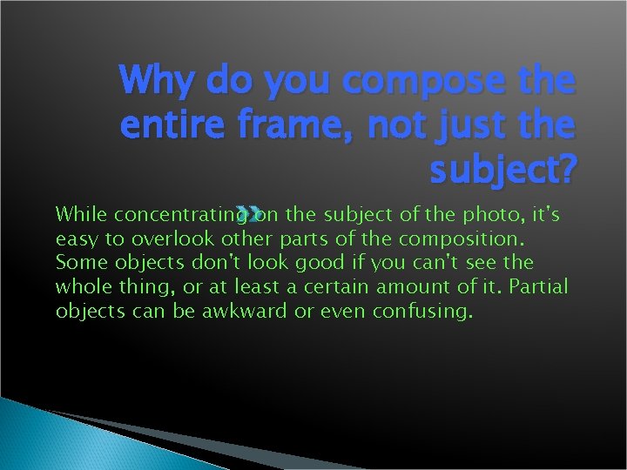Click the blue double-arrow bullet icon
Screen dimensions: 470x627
(250, 211)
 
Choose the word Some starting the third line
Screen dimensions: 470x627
(77, 262)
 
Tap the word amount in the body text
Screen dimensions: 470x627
(413, 286)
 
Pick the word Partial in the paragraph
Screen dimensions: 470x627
(536, 286)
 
